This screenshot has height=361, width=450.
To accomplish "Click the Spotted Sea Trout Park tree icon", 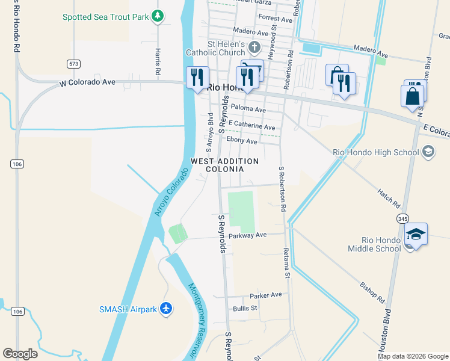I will click(x=158, y=16).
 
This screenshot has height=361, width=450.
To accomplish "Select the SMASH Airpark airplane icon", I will click(x=166, y=309).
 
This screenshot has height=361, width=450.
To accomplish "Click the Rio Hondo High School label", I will click(x=376, y=152).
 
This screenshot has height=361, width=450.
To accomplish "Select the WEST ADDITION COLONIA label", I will click(x=224, y=165).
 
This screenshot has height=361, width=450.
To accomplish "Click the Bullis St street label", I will click(x=245, y=308).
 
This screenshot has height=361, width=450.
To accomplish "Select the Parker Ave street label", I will click(x=265, y=295).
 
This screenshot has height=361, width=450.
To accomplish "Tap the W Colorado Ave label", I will click(x=87, y=82).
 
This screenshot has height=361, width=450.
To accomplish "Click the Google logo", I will click(x=20, y=354).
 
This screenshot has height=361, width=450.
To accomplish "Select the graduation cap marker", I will click(x=416, y=234).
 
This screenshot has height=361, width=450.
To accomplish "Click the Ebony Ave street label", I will click(x=241, y=141).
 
